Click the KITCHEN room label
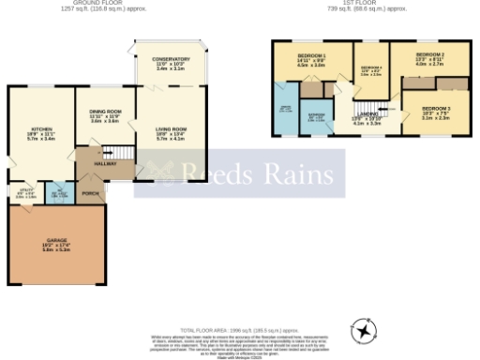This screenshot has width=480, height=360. pos(40,128)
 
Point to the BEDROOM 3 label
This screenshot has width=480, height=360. pos(436,110)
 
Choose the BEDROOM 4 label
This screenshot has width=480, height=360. pos(371,68)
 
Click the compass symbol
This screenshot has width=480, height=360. pos(362,333)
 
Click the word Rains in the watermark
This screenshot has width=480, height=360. pos(292,174)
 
